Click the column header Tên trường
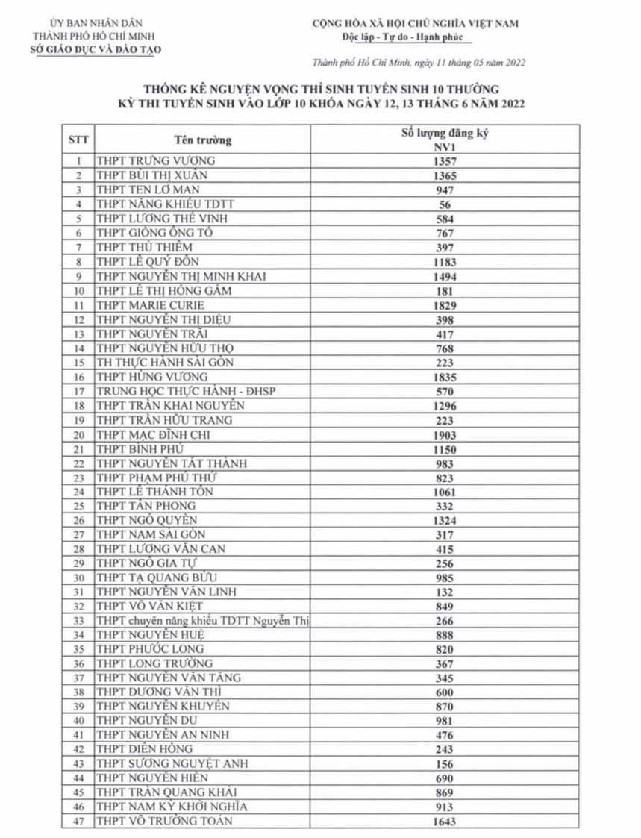point(203,140)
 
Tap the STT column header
point(78,140)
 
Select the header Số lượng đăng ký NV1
point(445,140)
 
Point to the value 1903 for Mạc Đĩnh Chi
point(445,434)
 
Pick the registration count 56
point(445,204)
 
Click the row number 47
point(78,821)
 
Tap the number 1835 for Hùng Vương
point(445,377)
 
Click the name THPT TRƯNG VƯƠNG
point(156,161)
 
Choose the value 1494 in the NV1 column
point(445,277)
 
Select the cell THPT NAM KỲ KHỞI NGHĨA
point(172,806)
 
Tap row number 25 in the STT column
point(78,506)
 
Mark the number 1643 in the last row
point(445,822)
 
